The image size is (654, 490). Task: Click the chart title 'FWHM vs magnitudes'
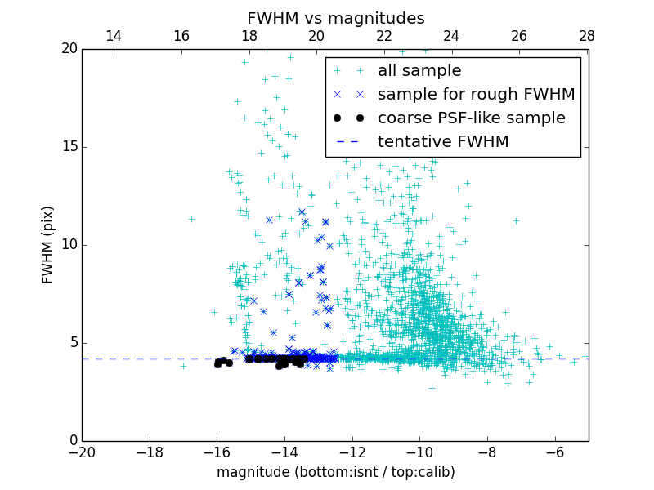click(335, 18)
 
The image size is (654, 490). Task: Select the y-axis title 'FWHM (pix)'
click(48, 245)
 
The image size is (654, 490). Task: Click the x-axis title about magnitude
click(335, 472)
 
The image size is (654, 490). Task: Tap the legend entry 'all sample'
click(419, 71)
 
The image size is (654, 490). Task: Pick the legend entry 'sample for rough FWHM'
click(476, 94)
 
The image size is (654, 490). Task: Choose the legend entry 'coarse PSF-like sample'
click(471, 118)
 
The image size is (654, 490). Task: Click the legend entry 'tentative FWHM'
click(443, 141)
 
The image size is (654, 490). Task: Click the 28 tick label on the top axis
click(586, 36)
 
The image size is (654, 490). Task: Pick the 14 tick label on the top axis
click(114, 36)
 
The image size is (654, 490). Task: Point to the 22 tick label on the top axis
click(384, 36)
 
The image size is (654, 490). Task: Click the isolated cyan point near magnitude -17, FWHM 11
click(191, 219)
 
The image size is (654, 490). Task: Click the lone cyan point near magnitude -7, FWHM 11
click(516, 220)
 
